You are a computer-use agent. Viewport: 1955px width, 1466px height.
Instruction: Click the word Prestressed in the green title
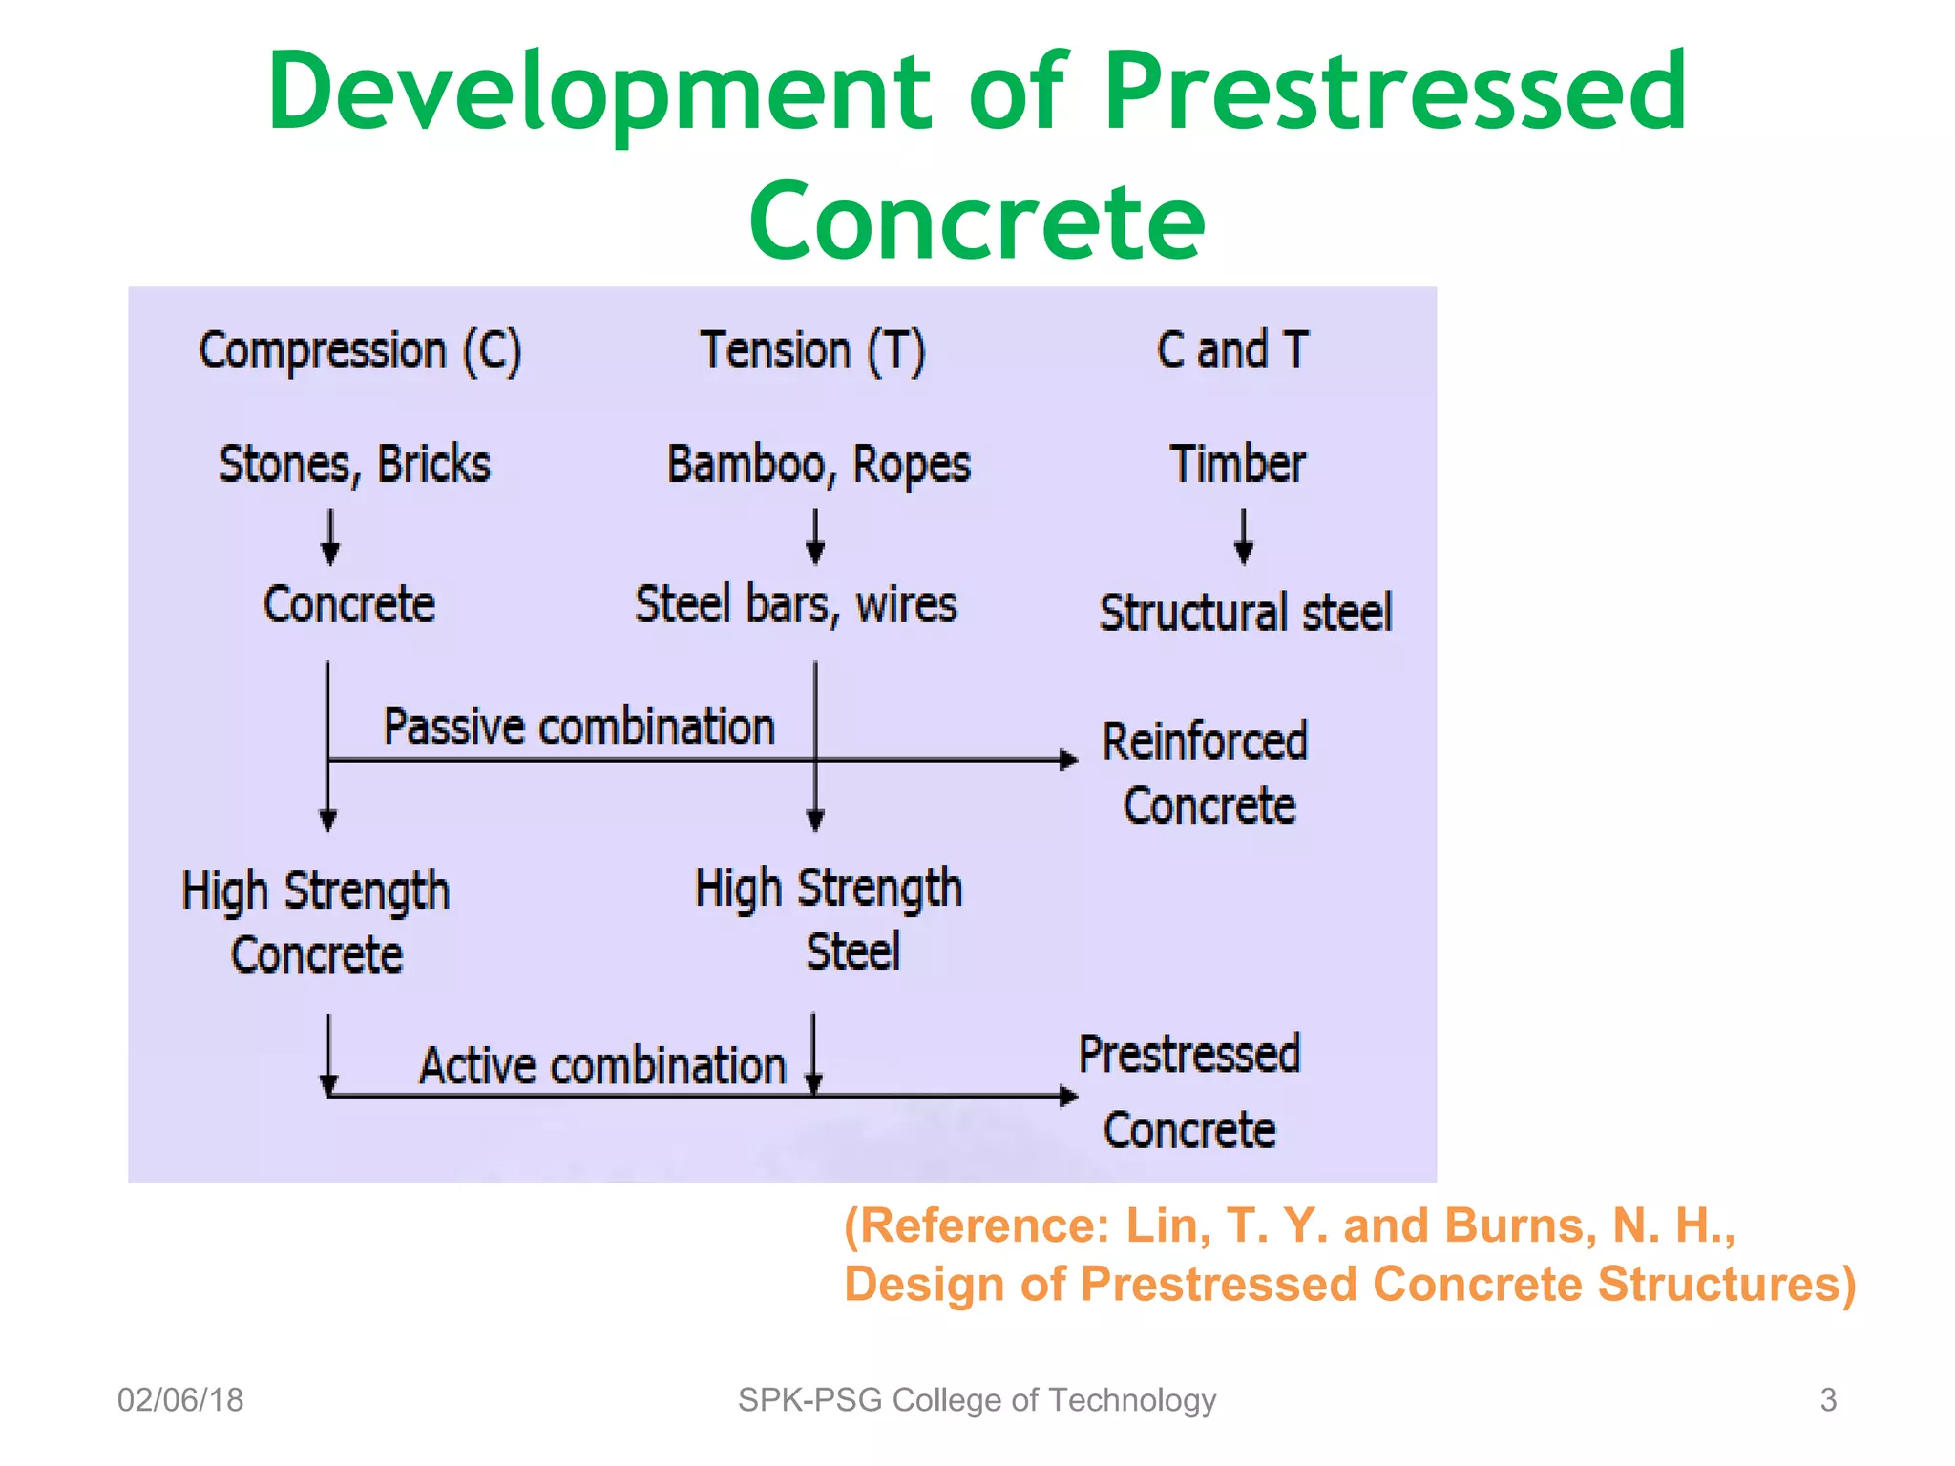1395,92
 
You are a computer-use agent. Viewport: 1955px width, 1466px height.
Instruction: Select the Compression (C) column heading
360,351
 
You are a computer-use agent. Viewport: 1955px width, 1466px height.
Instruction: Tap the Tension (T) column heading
812,351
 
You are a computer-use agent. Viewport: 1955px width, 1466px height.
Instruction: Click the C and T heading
1231,350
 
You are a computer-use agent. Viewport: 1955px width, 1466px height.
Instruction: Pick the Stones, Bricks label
354,465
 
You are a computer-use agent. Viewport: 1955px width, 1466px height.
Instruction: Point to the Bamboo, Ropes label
818,466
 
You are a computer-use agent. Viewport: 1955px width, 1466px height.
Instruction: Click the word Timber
1237,465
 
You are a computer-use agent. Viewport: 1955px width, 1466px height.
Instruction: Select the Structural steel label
1245,613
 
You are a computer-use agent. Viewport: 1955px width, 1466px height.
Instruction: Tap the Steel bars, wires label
796,605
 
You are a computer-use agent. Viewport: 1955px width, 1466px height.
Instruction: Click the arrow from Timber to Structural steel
1243,536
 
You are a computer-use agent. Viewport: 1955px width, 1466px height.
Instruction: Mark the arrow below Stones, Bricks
330,536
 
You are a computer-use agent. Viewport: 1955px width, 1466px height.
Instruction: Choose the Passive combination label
578,727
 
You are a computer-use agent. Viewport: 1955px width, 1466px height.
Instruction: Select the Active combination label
602,1066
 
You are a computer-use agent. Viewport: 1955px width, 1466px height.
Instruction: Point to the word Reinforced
1205,742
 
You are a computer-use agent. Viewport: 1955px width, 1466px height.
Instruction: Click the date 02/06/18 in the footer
180,1400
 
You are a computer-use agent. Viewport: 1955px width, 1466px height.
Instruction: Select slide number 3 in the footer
1828,1400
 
